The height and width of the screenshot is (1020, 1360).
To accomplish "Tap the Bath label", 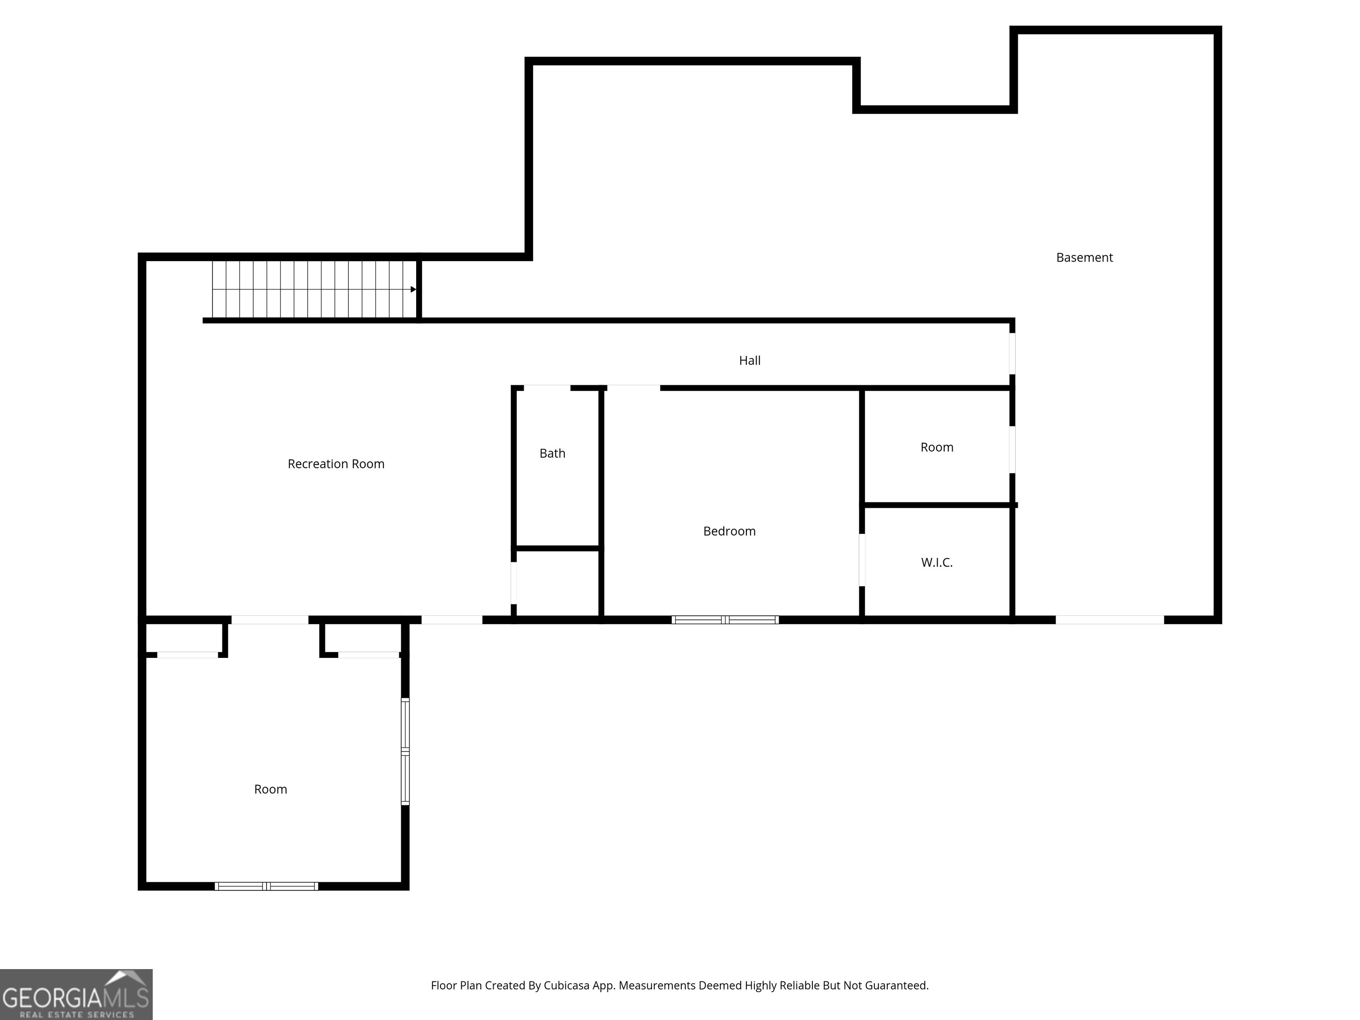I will point(552,454).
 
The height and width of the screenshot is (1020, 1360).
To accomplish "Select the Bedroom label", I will point(729,531).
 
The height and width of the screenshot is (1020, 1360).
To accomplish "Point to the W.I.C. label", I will point(936,563).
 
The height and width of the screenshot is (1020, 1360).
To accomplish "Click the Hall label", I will point(750,361).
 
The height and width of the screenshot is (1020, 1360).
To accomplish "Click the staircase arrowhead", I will point(413,290).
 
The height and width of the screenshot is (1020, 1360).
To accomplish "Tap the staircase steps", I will point(313,290).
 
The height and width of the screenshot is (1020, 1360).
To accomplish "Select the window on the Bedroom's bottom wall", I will point(725,620).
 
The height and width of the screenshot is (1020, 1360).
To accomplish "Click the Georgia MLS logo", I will point(76,994).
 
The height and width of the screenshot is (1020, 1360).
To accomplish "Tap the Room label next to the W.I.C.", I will point(936,448).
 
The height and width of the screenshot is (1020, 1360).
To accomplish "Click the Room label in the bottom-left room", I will point(270,789).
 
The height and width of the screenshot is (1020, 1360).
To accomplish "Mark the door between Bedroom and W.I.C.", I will point(862,560).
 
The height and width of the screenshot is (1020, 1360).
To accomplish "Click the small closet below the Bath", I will point(557,583).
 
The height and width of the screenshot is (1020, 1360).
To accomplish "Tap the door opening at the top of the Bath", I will point(547,388).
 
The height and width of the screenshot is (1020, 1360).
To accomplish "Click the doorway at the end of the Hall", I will point(1012,354).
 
